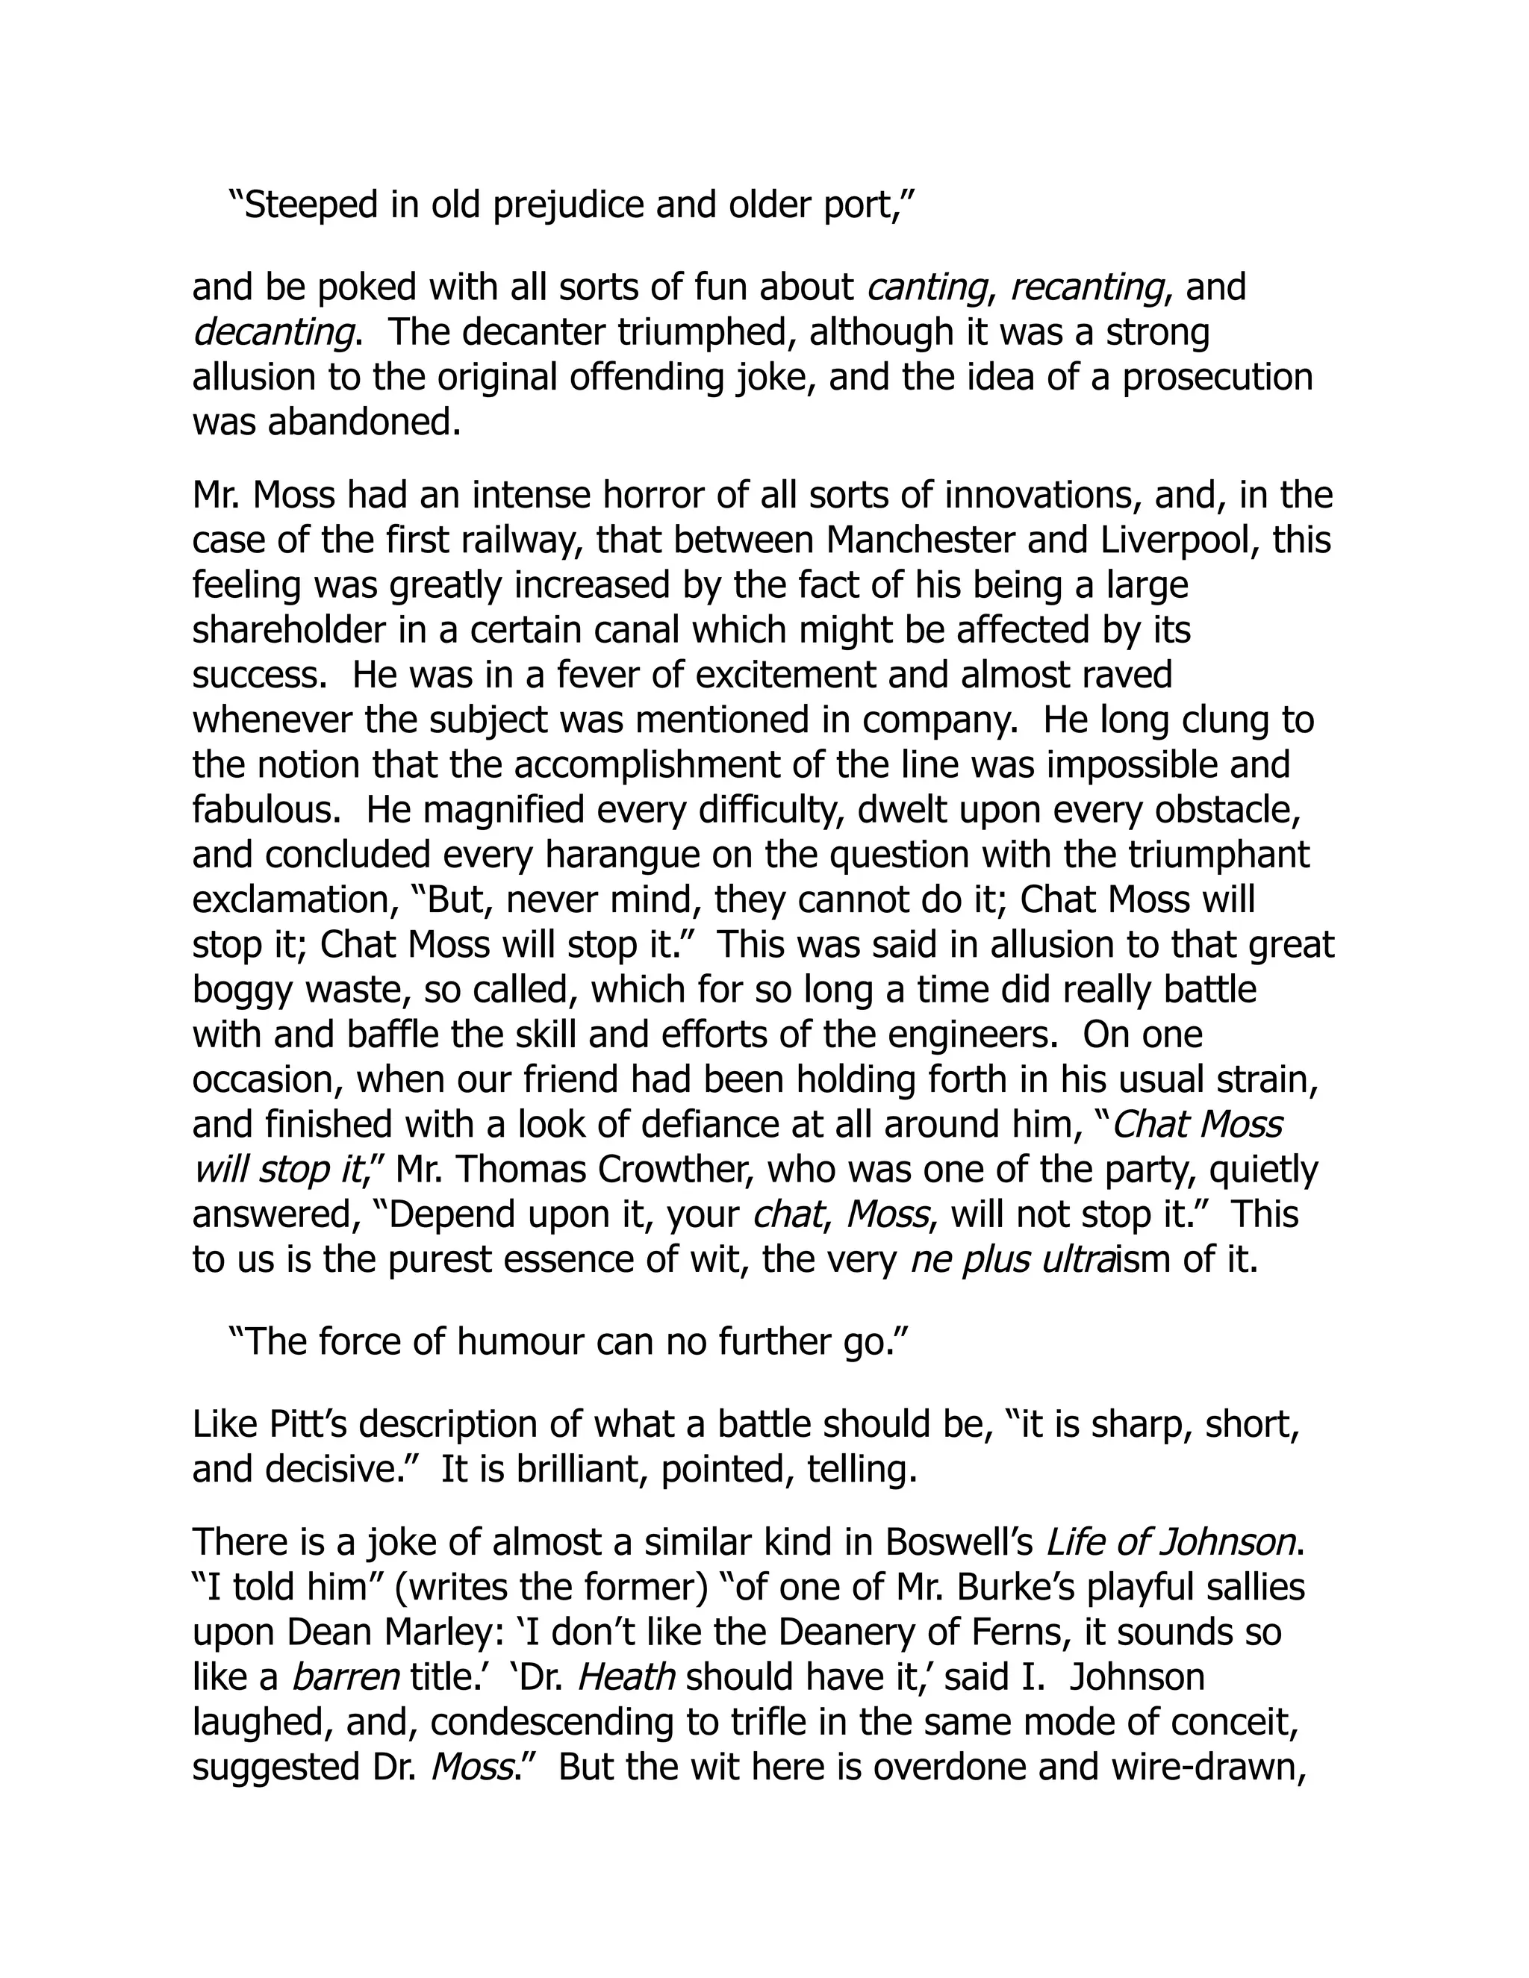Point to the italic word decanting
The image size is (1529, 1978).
273,332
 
